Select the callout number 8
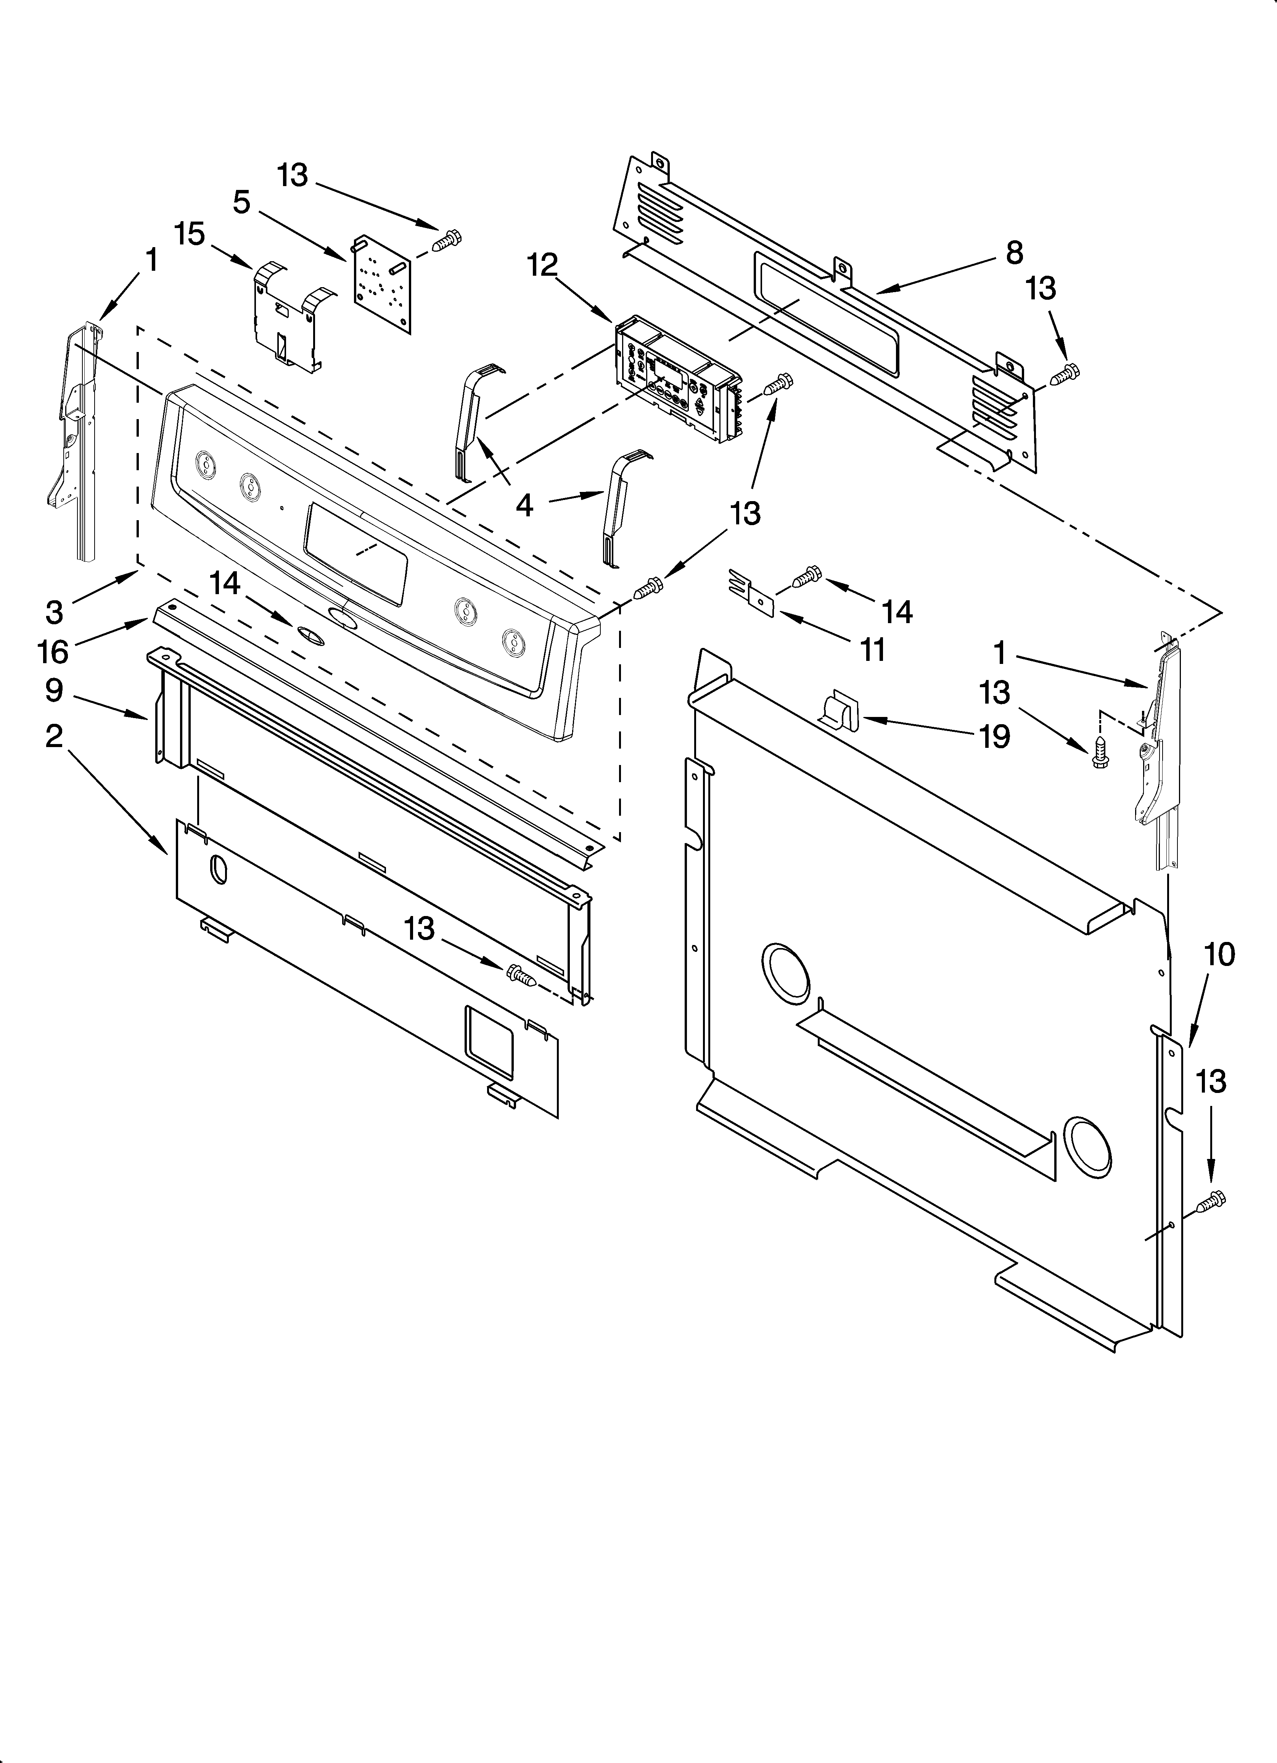click(1014, 254)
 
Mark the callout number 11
click(873, 650)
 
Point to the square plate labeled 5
click(381, 280)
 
